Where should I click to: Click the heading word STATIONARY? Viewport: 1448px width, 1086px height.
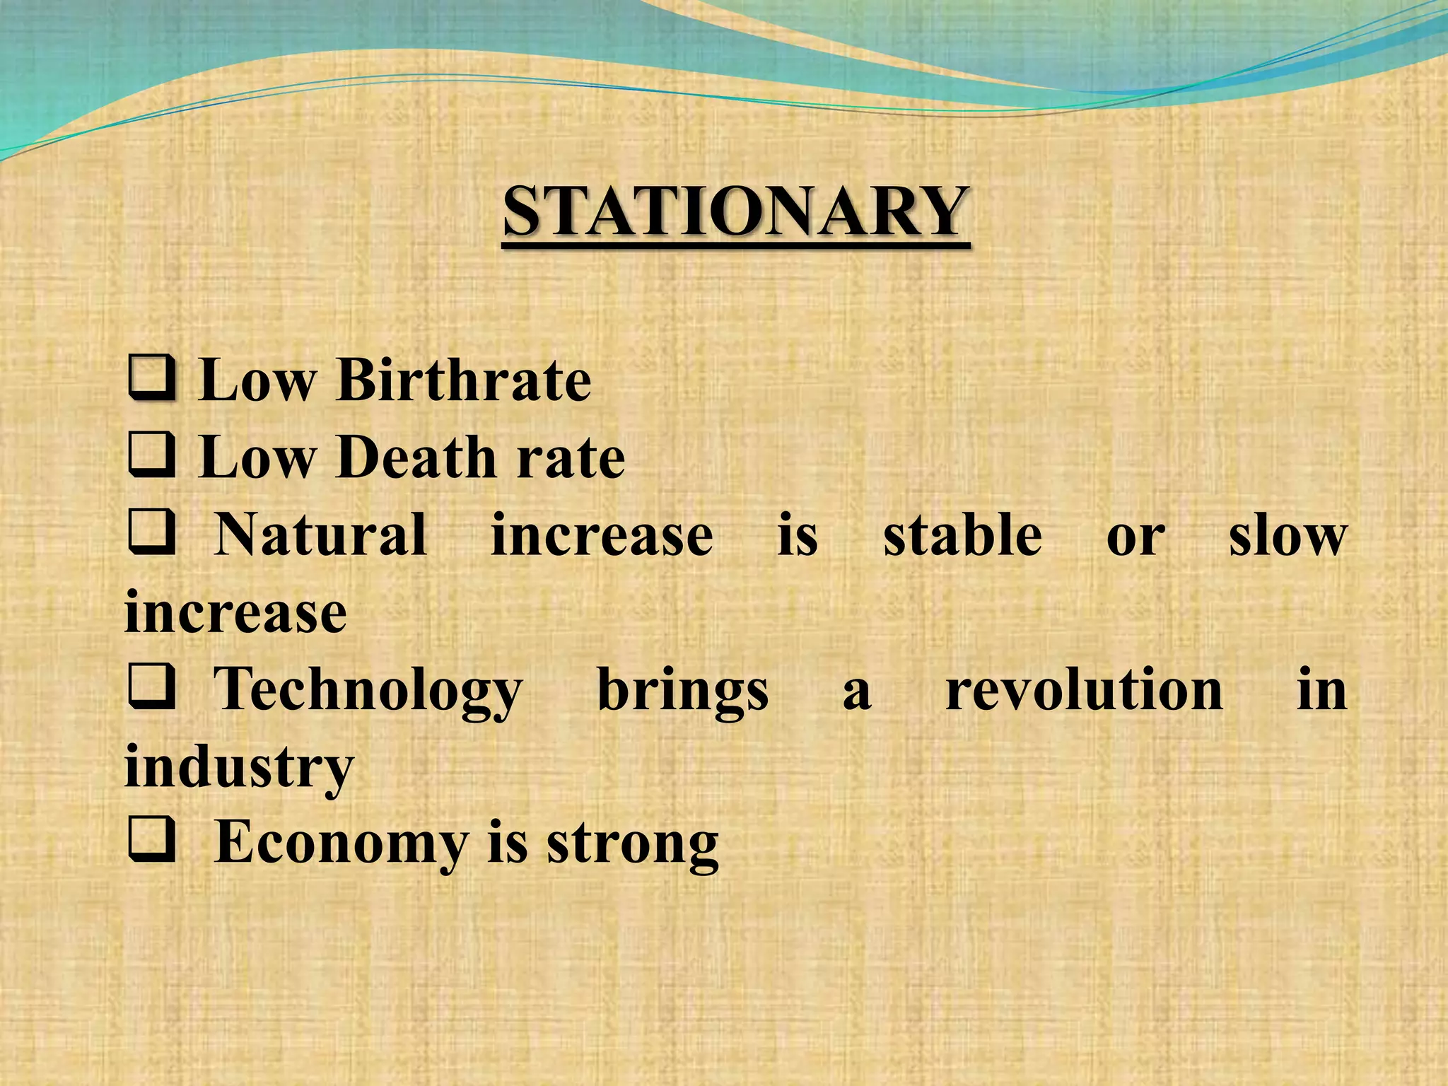[735, 212]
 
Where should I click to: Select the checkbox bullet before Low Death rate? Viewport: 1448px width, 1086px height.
[151, 455]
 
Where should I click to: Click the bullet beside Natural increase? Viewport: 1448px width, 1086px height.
[151, 533]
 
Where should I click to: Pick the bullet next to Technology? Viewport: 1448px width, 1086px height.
[151, 688]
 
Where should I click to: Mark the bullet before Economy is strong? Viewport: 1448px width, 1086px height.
[151, 841]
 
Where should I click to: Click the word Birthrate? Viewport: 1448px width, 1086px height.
[464, 380]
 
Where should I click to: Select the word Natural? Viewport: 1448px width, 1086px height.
[320, 535]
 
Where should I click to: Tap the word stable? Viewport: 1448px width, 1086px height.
[962, 535]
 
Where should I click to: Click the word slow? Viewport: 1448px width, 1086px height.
[1287, 536]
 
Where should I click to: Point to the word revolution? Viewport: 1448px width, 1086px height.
[1084, 689]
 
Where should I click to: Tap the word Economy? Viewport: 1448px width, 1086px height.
[341, 844]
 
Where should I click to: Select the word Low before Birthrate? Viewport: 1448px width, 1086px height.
[256, 380]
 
